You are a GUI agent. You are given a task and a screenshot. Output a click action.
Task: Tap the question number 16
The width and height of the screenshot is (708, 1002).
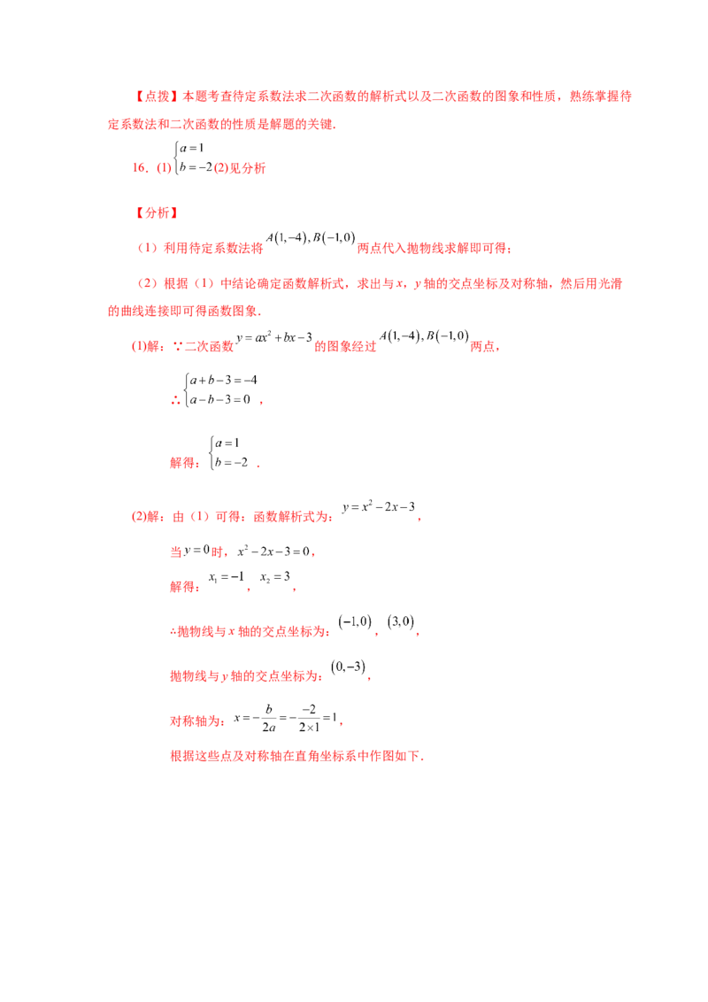(x=141, y=168)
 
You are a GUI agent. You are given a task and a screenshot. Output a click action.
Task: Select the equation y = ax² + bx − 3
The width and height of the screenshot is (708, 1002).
(x=274, y=337)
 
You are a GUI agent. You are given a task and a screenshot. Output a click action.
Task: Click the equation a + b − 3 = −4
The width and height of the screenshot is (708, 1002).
(x=223, y=381)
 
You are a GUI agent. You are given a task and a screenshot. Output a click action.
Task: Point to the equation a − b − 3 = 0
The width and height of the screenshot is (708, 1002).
(x=219, y=400)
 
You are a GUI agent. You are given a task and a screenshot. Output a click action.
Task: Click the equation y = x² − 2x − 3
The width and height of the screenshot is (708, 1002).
(x=378, y=506)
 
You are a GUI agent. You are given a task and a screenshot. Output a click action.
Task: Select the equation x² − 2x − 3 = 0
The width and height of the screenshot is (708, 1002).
(x=273, y=551)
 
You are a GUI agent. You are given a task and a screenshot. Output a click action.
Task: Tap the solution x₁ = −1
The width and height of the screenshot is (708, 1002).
(x=227, y=577)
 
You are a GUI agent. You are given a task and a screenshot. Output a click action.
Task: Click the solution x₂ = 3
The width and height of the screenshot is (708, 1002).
(x=274, y=577)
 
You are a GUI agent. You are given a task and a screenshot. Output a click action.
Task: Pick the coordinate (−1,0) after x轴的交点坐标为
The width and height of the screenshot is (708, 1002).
(x=355, y=621)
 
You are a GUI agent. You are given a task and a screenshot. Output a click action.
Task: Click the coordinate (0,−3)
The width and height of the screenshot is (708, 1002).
(x=349, y=667)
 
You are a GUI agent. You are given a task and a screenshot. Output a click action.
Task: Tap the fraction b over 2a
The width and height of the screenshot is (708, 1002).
(x=269, y=718)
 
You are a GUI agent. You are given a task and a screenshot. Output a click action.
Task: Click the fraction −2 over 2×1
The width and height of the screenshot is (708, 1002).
(x=309, y=718)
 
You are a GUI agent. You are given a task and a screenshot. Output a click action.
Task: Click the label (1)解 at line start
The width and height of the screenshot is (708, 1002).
(x=145, y=346)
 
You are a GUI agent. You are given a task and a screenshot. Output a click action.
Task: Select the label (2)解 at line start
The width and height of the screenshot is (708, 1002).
(x=145, y=516)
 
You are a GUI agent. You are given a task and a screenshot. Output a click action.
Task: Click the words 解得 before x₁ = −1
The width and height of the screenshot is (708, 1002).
(x=182, y=587)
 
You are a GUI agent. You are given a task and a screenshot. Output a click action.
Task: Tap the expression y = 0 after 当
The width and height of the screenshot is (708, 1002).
(x=196, y=551)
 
